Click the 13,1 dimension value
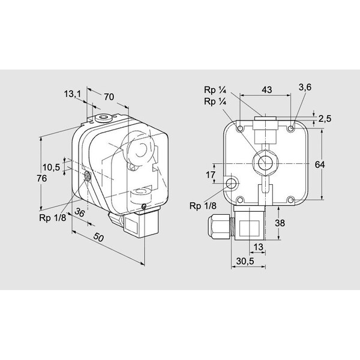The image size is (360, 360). click(71, 94)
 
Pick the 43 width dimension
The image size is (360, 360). click(266, 89)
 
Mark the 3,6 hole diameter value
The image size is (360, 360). click(305, 87)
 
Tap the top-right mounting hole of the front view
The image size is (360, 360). click(291, 128)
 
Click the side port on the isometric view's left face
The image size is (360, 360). click(88, 176)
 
